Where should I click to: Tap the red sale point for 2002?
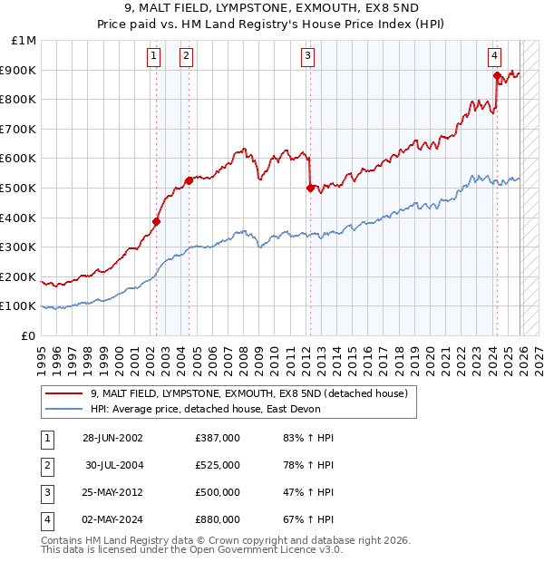[156, 221]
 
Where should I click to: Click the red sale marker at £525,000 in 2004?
[189, 180]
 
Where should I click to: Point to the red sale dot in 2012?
[310, 189]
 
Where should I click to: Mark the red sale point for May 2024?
[497, 76]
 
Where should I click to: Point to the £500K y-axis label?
[20, 188]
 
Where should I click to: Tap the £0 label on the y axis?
[29, 335]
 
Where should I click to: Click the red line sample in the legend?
[63, 393]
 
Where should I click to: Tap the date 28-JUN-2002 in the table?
[112, 438]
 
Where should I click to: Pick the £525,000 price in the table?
[217, 465]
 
